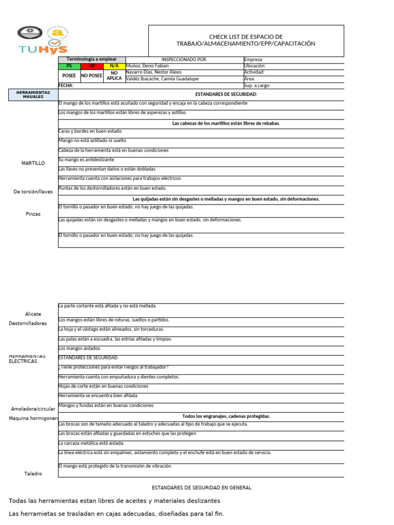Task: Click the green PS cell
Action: click(x=69, y=66)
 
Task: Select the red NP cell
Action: click(x=92, y=66)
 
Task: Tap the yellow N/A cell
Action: click(x=114, y=66)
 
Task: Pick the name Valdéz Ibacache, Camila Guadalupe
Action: click(x=161, y=79)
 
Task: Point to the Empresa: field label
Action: click(x=253, y=59)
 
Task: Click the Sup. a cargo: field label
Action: click(x=257, y=86)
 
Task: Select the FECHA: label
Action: click(x=66, y=86)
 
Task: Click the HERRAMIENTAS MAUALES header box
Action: click(x=33, y=94)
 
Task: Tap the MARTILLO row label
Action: click(x=33, y=163)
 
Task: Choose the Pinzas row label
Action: click(x=33, y=214)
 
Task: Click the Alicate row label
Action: click(x=33, y=314)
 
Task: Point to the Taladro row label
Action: click(x=33, y=474)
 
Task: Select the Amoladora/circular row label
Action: click(x=33, y=409)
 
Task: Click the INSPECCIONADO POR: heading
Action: click(x=184, y=59)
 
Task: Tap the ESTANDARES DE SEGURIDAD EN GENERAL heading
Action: click(x=202, y=488)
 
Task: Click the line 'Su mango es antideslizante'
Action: click(x=87, y=159)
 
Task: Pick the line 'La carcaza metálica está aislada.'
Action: click(x=91, y=443)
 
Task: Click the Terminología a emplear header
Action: click(x=92, y=59)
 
